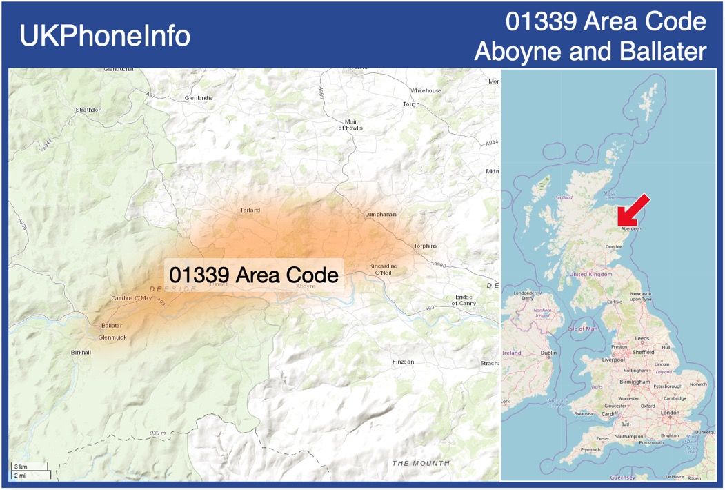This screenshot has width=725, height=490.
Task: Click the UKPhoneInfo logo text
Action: [105, 36]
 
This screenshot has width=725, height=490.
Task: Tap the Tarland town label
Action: [250, 210]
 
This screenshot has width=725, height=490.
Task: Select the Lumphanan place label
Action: [380, 215]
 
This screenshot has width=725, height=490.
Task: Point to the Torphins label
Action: [425, 246]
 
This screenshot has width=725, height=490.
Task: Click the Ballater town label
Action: [112, 325]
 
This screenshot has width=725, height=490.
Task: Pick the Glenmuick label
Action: [112, 337]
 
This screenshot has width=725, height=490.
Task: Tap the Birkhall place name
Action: [81, 352]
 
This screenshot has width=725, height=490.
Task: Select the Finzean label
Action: [403, 362]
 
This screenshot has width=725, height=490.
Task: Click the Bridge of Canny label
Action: [464, 300]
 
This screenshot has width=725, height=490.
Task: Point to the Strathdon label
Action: [89, 110]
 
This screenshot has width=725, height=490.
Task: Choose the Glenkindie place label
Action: [199, 98]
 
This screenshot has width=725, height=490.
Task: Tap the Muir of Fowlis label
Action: [350, 124]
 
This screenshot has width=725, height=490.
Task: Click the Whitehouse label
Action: [426, 90]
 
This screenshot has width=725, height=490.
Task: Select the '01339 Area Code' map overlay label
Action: [253, 275]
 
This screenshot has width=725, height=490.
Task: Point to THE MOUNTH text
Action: [421, 463]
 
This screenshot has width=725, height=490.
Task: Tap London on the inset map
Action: [670, 413]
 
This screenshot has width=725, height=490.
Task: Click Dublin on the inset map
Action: [548, 353]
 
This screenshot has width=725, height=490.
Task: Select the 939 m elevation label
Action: [158, 433]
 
